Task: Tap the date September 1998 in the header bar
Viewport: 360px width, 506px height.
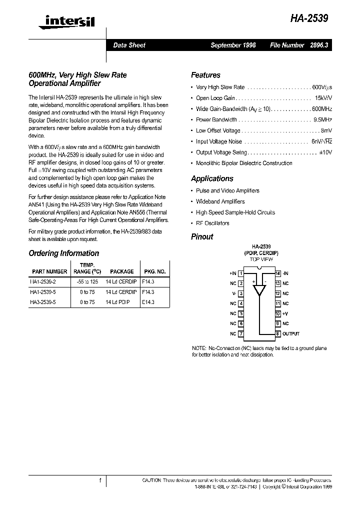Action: tap(233, 45)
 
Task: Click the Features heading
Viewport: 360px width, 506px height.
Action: tap(205, 75)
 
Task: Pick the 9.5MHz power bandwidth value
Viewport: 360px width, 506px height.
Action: tap(322, 120)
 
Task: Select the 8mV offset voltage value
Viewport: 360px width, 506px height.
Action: tap(325, 130)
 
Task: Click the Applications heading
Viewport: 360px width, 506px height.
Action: tap(212, 178)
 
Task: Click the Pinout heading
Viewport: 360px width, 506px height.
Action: tap(202, 237)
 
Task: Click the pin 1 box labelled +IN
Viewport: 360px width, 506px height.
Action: tap(241, 273)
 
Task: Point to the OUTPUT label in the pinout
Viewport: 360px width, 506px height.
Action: tap(291, 334)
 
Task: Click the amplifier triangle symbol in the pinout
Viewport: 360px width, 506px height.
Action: tap(259, 289)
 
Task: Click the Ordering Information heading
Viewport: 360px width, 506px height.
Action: tap(63, 253)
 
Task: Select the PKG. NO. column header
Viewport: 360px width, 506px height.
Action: tap(154, 271)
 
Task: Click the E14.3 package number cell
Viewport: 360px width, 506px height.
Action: tap(148, 302)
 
